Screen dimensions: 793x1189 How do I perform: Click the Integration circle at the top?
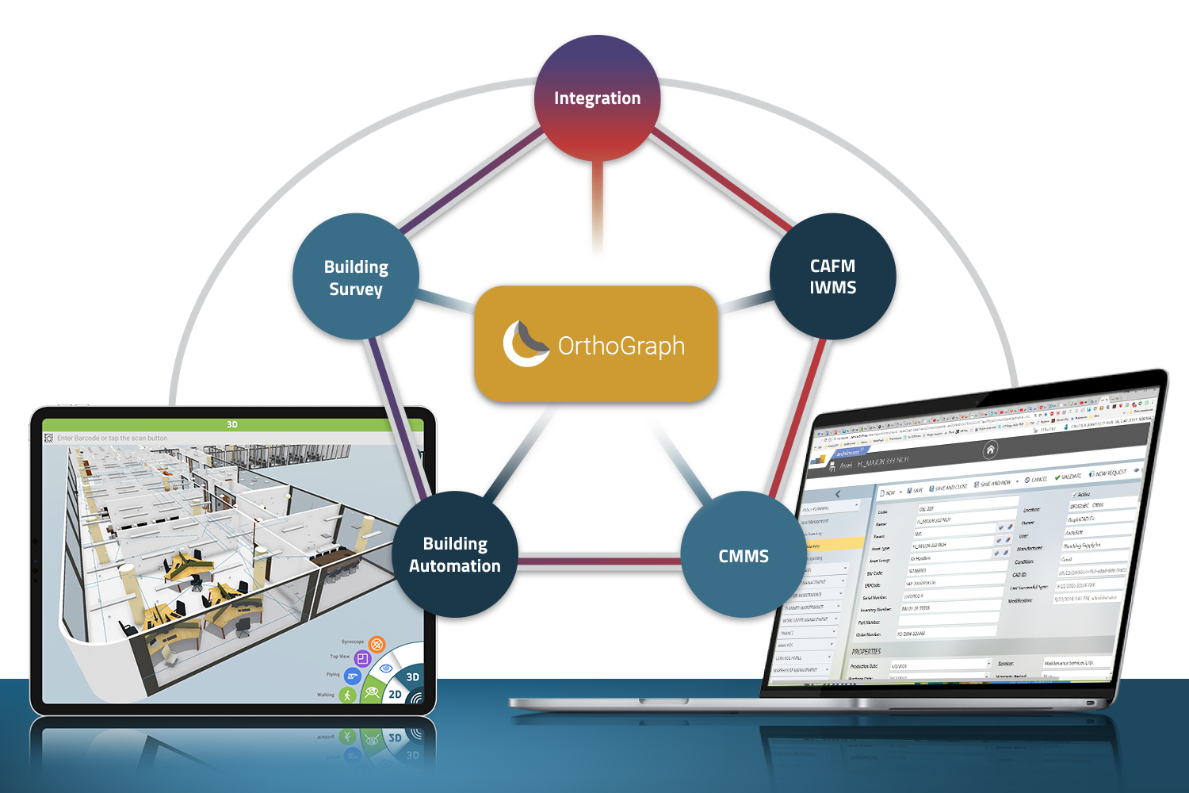pos(598,98)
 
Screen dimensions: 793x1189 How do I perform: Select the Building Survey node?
pos(356,277)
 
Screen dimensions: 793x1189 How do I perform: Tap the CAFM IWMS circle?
pos(832,277)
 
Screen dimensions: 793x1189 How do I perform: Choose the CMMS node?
pos(744,556)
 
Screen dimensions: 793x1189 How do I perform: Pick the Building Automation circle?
pos(455,554)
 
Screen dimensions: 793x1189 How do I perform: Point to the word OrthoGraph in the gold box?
pos(621,346)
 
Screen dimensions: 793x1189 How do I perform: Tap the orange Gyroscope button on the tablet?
pos(377,644)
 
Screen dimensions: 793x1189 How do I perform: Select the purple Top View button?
pos(362,658)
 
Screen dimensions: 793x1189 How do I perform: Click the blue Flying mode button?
pos(352,676)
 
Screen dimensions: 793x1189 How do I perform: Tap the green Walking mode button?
pos(346,695)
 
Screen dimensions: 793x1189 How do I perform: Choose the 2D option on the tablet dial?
pos(395,695)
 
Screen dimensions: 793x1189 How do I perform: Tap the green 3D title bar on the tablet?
pos(232,425)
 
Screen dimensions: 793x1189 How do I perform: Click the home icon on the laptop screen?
pos(990,450)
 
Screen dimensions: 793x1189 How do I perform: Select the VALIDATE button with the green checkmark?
pos(1069,477)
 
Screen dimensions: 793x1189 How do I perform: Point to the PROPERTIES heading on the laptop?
pos(866,651)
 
